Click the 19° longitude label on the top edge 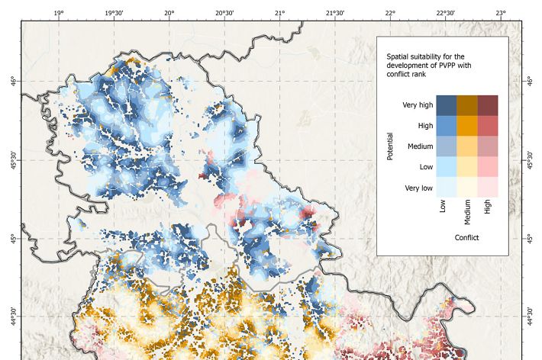click(59, 13)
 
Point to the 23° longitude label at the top click(501, 13)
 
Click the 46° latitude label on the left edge click(13, 80)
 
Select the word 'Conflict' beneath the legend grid click(466, 238)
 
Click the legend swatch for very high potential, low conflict click(447, 105)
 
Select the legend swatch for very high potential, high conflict click(488, 105)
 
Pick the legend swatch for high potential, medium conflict click(467, 125)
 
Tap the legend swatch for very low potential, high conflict click(488, 186)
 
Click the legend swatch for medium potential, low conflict click(447, 146)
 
